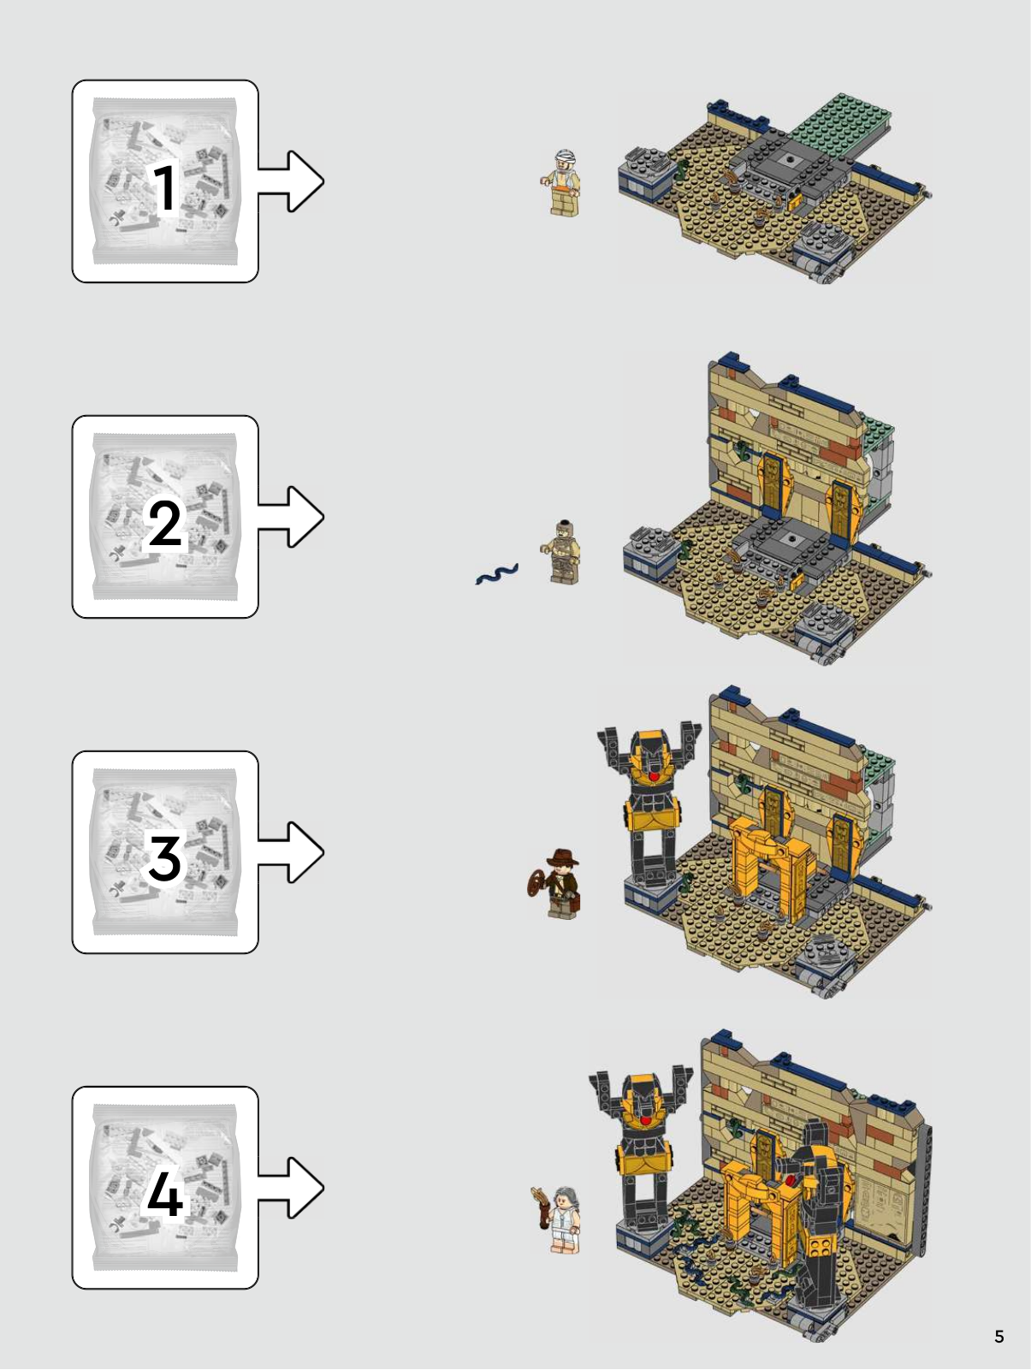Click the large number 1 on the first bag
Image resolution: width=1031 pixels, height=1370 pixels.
tap(165, 187)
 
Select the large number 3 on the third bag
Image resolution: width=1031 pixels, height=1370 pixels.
tap(165, 858)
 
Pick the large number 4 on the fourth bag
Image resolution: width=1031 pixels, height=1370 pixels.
tap(165, 1194)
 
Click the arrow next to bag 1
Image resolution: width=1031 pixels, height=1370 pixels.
tap(291, 181)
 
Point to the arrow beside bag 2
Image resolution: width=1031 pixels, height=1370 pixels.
tap(291, 517)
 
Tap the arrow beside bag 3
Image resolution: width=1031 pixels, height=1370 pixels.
tap(291, 852)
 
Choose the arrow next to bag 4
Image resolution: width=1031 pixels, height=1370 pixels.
tap(291, 1187)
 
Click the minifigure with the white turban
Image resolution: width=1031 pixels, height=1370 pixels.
tap(561, 183)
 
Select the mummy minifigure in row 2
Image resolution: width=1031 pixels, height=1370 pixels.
tap(561, 552)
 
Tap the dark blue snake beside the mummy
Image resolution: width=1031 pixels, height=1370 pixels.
tap(496, 573)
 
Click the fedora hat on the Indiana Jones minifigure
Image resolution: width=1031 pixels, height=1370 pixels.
tap(562, 857)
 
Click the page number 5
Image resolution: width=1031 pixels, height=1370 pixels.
tap(999, 1337)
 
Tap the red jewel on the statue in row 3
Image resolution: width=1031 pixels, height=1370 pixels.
tap(654, 776)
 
